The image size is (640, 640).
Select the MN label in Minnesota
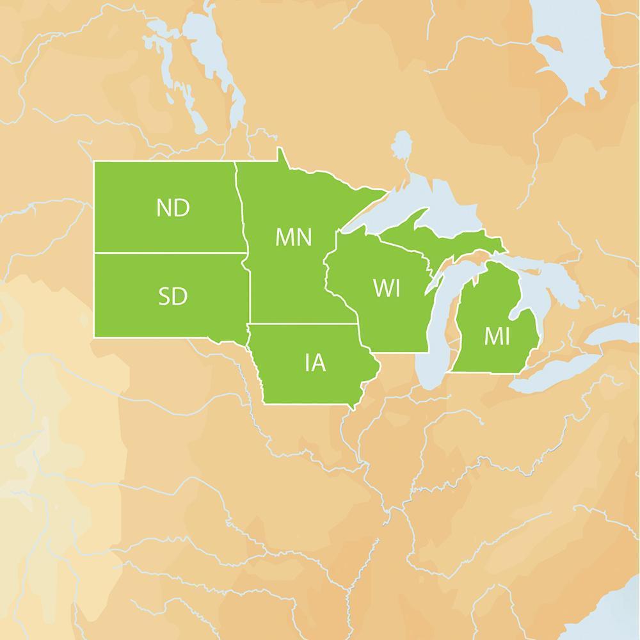coord(293,237)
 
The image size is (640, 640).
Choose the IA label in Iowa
coord(315,364)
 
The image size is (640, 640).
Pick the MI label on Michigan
coord(497,336)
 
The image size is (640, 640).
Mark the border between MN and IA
coord(301,324)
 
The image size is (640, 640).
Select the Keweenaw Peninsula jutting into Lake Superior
coord(422,216)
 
